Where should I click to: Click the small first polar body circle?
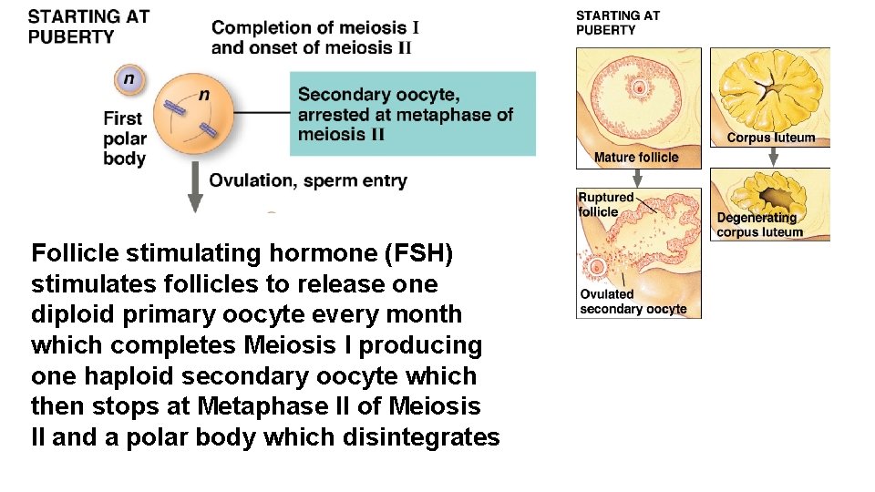click(129, 79)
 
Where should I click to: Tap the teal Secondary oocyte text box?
click(413, 115)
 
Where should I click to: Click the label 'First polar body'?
click(125, 138)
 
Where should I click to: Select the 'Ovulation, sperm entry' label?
click(308, 180)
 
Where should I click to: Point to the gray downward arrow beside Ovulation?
click(194, 187)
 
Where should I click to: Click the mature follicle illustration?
click(638, 96)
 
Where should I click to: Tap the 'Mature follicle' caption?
click(636, 158)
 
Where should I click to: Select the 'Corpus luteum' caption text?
click(771, 138)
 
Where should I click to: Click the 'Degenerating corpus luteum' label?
click(759, 225)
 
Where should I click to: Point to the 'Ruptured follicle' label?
click(605, 204)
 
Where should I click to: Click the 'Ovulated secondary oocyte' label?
click(633, 302)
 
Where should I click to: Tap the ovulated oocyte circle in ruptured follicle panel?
click(598, 268)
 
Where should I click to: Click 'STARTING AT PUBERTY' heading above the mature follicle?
click(617, 23)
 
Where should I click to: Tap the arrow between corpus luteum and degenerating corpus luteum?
click(772, 157)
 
